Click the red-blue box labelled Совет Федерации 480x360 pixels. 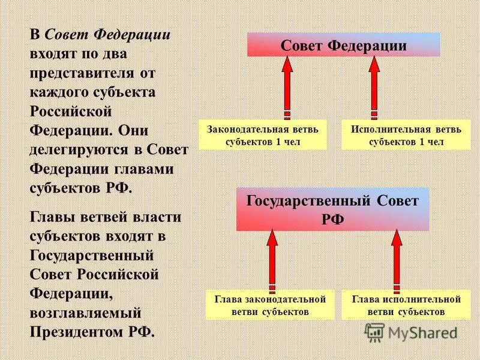click(344, 45)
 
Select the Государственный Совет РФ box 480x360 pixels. click(332, 209)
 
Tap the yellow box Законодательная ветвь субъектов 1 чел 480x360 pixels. click(263, 135)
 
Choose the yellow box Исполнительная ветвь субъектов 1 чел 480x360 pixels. click(406, 135)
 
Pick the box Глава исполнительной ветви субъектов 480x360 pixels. click(406, 305)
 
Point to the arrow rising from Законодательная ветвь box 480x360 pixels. click(287, 87)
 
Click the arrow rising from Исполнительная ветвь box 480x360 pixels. click(374, 87)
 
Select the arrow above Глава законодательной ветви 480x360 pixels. click(272, 258)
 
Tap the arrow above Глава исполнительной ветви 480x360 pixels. click(396, 258)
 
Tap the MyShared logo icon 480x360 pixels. click(374, 332)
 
